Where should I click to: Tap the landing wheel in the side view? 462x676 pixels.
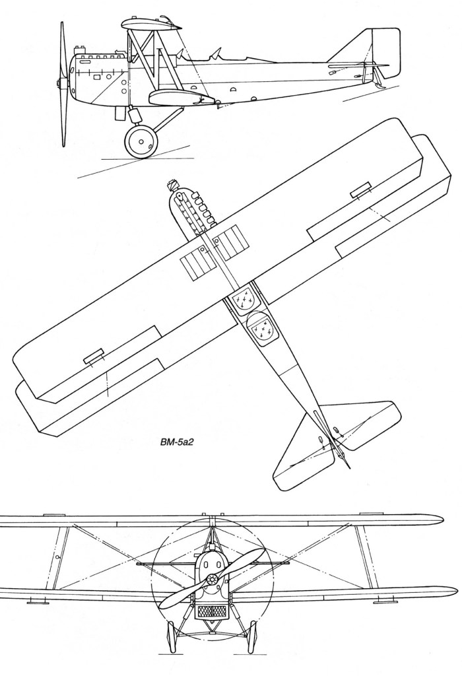140,141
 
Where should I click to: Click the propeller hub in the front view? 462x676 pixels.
211,579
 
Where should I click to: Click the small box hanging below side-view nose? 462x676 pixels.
120,114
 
